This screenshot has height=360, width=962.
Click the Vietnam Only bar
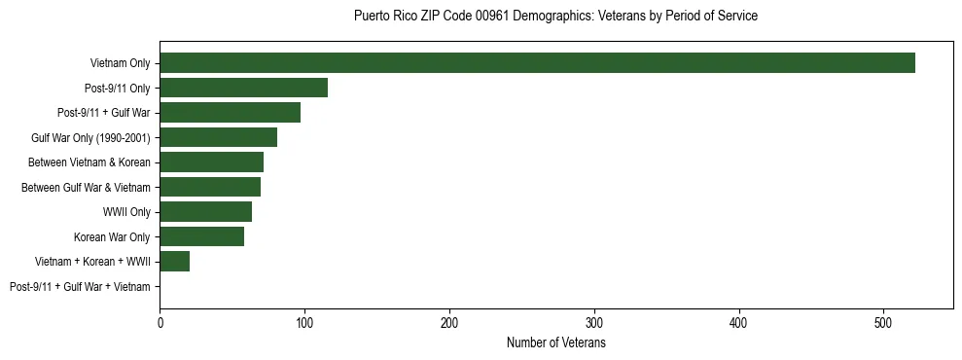(x=537, y=63)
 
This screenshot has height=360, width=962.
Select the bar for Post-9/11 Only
(x=243, y=88)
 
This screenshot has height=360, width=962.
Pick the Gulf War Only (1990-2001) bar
(x=218, y=137)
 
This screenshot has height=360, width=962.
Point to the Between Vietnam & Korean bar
(x=211, y=162)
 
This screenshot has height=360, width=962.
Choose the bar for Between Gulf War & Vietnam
(x=210, y=187)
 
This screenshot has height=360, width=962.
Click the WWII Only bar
(x=205, y=212)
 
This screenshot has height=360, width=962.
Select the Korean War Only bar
(x=201, y=236)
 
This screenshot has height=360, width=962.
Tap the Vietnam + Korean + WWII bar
(x=174, y=262)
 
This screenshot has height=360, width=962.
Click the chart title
(x=555, y=16)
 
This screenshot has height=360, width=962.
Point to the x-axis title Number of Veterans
(x=555, y=343)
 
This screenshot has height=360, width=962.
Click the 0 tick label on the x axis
(x=160, y=323)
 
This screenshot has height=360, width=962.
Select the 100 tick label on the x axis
(x=304, y=323)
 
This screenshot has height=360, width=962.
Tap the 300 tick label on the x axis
(x=594, y=323)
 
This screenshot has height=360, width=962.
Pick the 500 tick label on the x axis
(x=884, y=323)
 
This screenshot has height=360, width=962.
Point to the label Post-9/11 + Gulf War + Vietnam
(x=80, y=287)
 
